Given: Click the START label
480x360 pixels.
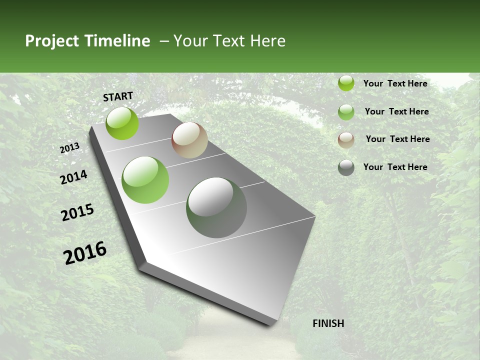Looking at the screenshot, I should click(118, 96).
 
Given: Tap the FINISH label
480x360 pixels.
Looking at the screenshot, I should click(328, 323).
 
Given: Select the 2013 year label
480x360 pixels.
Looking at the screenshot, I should click(70, 148).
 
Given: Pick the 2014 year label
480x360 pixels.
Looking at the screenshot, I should click(74, 177).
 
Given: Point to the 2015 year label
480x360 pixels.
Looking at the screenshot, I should click(77, 212).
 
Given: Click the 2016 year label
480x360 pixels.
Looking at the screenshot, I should click(85, 252).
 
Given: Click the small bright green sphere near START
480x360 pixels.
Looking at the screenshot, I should click(122, 123).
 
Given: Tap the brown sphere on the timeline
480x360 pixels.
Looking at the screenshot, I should click(189, 140).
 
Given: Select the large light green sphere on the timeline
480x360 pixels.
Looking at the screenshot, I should click(145, 180).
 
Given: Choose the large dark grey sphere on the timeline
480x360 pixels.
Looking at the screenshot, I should click(216, 207).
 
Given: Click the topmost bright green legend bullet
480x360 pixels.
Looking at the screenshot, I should click(346, 83).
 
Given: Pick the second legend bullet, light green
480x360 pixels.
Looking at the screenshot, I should click(346, 112).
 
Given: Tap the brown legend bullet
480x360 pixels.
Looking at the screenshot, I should click(346, 140).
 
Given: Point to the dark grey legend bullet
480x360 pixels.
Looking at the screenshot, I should click(346, 167).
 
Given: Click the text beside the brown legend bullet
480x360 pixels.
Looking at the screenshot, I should click(397, 139).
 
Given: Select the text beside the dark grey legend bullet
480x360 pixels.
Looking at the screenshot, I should click(395, 167).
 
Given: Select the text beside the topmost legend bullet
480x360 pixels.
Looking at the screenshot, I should click(395, 83).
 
